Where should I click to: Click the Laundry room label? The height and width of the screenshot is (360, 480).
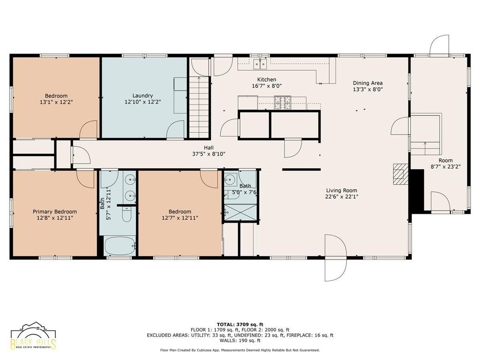point(142,96)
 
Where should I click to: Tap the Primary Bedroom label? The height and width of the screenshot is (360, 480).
point(55,211)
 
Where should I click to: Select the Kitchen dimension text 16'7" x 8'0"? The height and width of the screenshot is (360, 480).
point(267,86)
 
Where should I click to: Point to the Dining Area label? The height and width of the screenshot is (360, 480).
point(367,83)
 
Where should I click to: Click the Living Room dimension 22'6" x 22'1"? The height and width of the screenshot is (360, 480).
point(342,196)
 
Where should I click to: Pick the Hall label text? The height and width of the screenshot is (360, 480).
point(209,148)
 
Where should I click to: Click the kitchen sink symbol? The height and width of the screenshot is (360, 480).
point(260,64)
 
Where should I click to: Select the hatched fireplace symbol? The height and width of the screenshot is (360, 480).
point(401,174)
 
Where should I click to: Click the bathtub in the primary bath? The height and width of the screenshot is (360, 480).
point(120,246)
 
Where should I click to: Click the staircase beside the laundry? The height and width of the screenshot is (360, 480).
point(199,107)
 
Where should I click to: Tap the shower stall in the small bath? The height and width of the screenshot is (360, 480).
point(240,212)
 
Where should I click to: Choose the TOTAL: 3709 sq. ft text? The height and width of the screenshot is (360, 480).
point(240,324)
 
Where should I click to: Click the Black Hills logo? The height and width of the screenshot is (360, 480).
point(33,336)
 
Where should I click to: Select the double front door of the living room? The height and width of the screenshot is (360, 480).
point(336,258)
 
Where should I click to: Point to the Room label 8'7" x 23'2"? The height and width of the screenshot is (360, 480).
point(446,164)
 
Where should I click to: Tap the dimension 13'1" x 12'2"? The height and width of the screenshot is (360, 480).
point(56,102)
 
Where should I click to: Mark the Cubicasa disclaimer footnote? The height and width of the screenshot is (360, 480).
point(240,350)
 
